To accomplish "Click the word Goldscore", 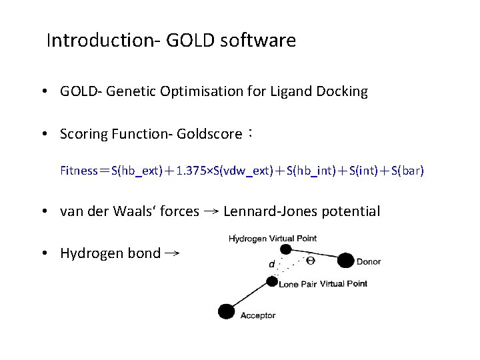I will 210,134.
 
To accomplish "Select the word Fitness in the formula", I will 79,171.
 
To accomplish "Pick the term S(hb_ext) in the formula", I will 137,171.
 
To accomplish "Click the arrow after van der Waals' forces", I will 211,211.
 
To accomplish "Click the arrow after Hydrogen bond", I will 172,253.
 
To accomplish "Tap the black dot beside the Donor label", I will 345,261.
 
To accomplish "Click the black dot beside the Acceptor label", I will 227,311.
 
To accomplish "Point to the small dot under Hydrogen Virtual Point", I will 285,249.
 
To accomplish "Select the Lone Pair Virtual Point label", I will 323,283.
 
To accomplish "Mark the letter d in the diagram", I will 271,265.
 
